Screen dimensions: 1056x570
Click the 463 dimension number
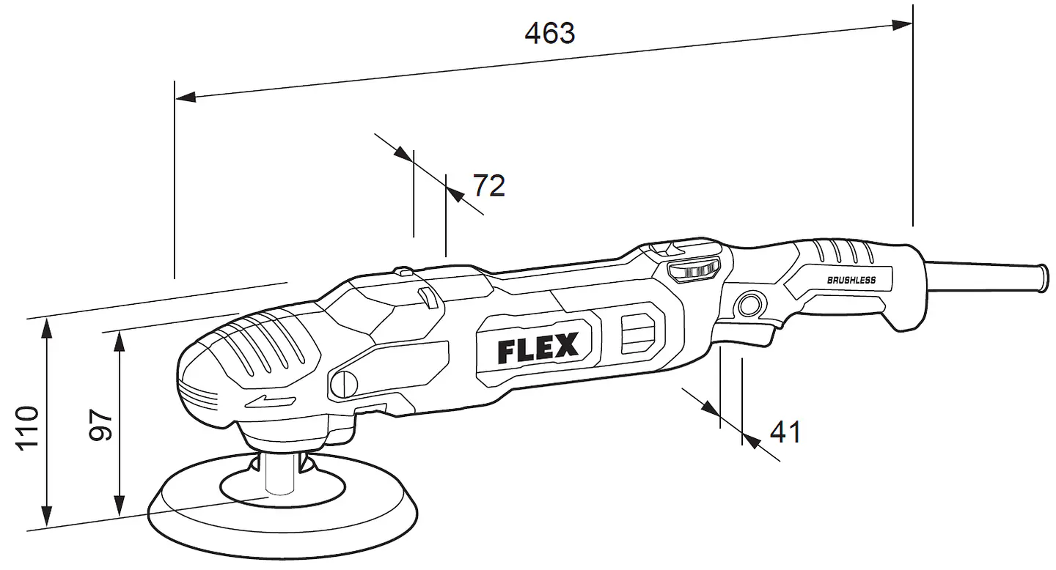click(550, 34)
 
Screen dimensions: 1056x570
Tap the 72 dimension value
click(489, 185)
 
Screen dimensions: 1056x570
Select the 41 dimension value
click(785, 432)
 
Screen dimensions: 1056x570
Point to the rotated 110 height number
click(28, 428)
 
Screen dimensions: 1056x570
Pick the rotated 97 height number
click(101, 425)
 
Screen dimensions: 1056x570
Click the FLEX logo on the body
click(538, 348)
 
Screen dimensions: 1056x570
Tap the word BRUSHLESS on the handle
click(851, 281)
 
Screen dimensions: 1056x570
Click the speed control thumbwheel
click(694, 271)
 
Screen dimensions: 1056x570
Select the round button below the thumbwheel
click(750, 306)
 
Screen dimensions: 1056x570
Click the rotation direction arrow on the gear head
click(270, 401)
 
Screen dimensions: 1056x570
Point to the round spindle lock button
click(344, 384)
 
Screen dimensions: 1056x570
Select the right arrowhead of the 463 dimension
click(902, 25)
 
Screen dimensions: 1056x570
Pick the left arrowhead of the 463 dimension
click(186, 97)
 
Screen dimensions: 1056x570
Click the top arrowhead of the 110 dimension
click(46, 329)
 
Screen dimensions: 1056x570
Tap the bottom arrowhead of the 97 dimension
click(120, 506)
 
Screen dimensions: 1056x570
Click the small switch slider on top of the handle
click(662, 249)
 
